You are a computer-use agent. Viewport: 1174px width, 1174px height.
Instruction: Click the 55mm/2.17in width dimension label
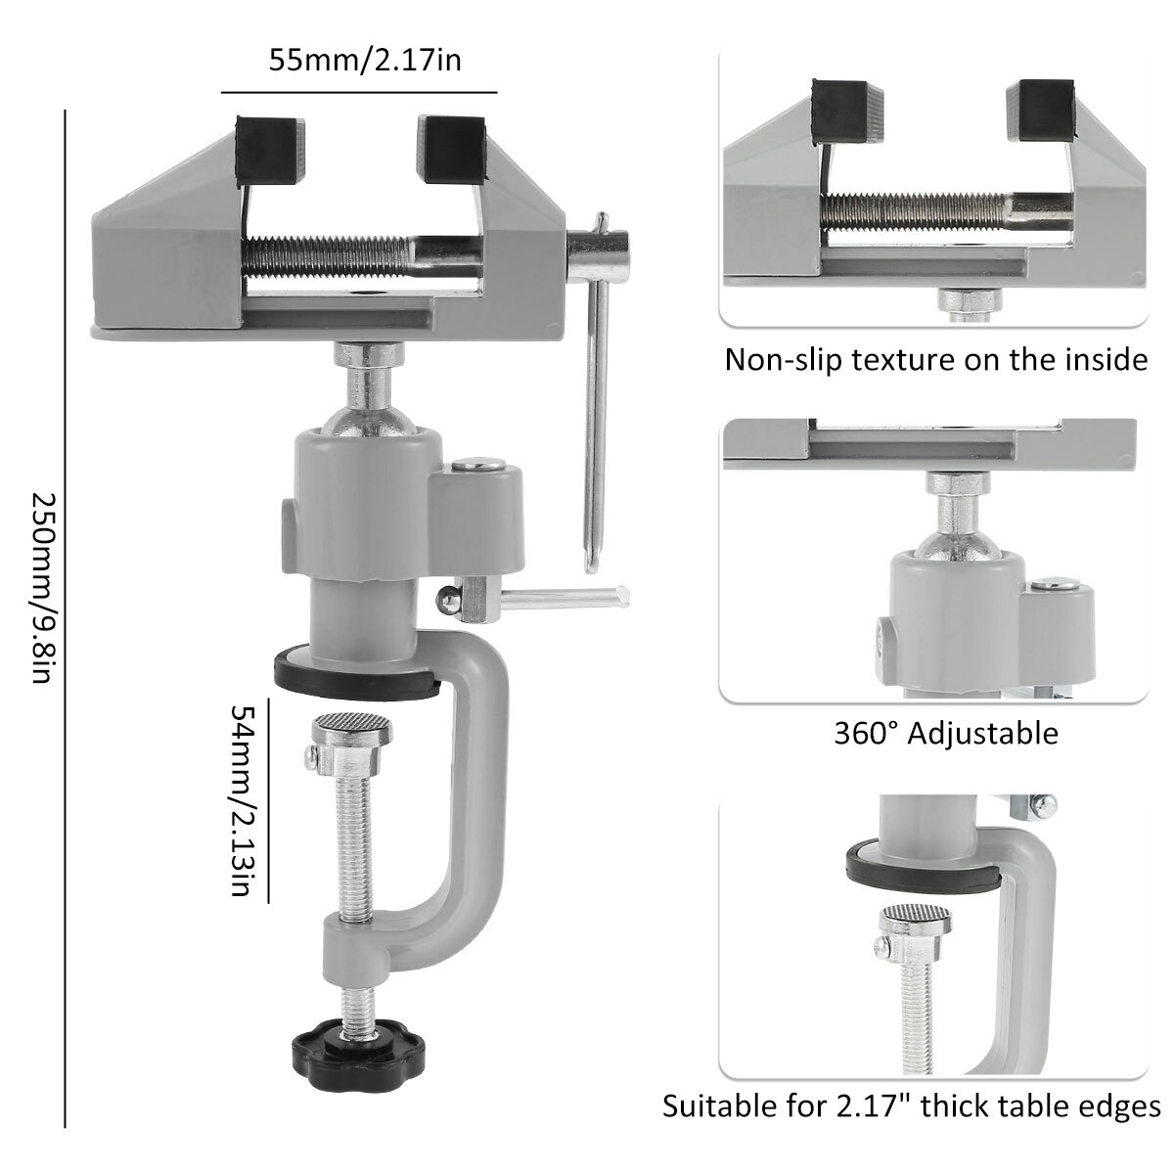(x=365, y=62)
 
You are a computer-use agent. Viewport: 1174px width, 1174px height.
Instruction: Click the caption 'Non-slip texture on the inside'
(x=935, y=360)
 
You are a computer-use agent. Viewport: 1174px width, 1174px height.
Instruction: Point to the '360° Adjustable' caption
(x=946, y=733)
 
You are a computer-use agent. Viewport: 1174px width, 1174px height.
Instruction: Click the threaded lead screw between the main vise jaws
(x=333, y=256)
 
